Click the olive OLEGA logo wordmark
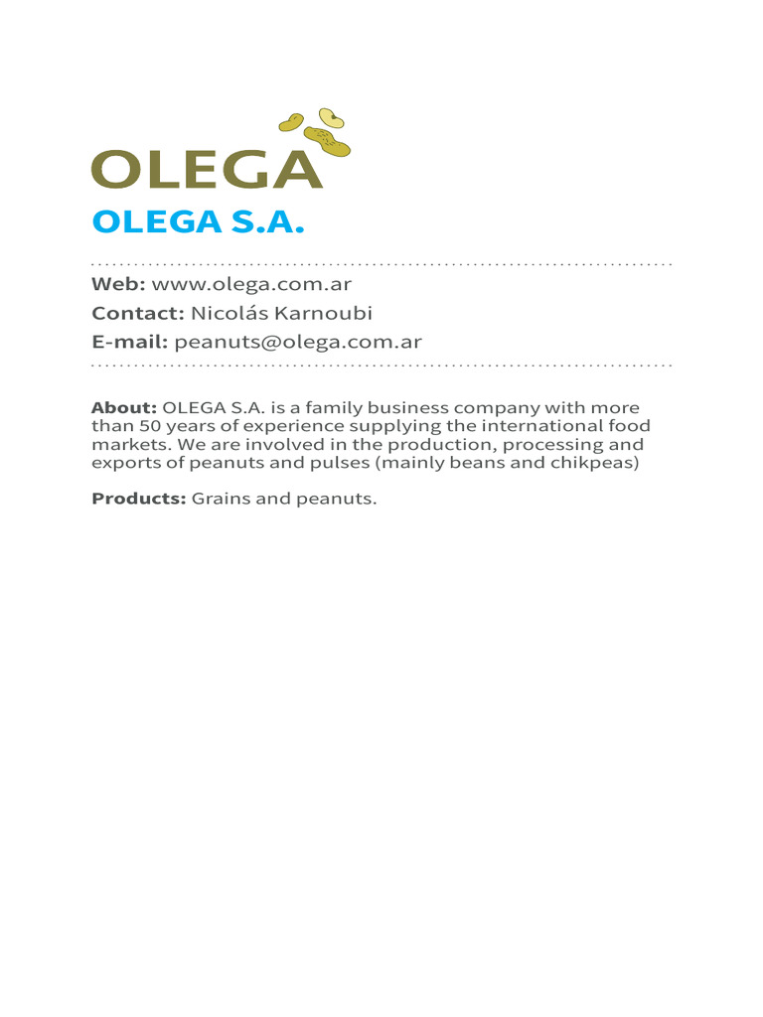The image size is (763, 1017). pos(207,170)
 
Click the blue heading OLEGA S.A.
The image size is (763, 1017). pos(197,222)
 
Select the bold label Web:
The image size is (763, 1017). pos(118,284)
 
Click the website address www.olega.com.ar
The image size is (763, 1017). pos(251,284)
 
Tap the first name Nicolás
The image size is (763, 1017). pos(229,314)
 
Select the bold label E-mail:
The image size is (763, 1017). pos(129,343)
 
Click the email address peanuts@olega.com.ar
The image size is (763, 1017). pos(298,343)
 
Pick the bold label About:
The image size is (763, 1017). pos(124,408)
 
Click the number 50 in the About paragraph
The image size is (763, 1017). pos(138,426)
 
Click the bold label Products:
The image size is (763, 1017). pos(139,499)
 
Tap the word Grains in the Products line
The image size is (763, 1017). pos(221,499)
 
